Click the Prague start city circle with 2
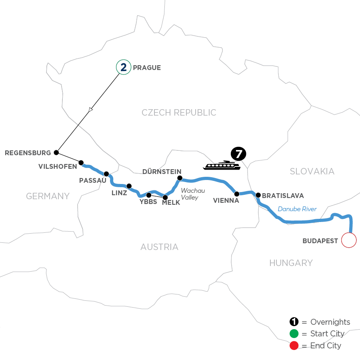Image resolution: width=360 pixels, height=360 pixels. click(x=124, y=68)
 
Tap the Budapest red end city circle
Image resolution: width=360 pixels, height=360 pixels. click(x=348, y=241)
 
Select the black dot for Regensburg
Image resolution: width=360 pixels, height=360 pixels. click(x=56, y=152)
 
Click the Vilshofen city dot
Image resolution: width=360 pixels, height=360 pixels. click(x=81, y=163)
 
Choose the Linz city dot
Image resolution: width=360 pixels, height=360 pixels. click(x=129, y=186)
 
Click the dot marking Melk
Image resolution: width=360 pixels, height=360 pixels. click(x=165, y=196)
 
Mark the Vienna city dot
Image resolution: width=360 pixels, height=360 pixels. click(x=237, y=194)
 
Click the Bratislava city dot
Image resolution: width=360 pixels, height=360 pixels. click(x=258, y=195)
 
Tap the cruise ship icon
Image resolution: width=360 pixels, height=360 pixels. click(x=222, y=165)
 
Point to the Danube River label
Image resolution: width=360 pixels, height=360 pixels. click(x=296, y=209)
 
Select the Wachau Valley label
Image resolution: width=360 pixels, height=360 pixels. click(x=190, y=194)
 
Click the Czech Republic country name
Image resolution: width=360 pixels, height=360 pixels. click(x=179, y=113)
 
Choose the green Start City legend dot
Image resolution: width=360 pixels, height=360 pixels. click(x=294, y=334)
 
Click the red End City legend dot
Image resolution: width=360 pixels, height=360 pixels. click(x=294, y=345)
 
